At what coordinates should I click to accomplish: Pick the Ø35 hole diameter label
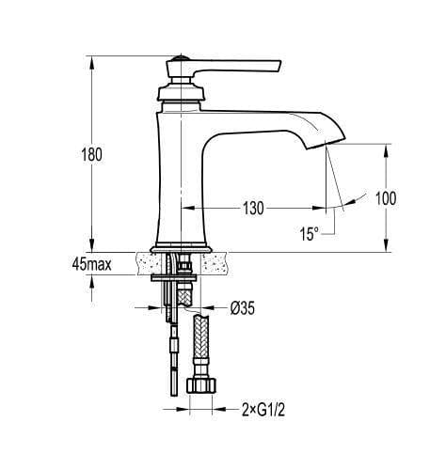[x=243, y=305]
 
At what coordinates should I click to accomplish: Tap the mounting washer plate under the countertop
[x=173, y=277]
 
